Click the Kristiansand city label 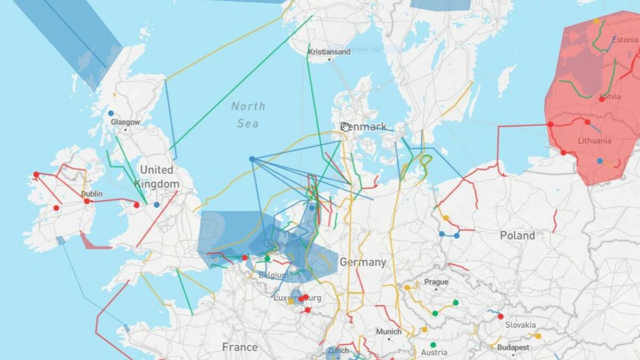329,52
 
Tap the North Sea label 248,115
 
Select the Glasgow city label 125,122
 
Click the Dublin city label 92,194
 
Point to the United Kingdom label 156,177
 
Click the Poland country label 517,235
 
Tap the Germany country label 363,262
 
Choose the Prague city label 436,282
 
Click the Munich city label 388,332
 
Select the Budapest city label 513,347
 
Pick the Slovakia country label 521,325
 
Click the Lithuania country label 595,141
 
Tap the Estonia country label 625,39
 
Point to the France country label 239,347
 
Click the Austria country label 434,353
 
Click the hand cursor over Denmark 345,126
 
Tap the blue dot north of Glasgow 111,113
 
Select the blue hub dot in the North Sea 252,159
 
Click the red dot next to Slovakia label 500,316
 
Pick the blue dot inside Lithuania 600,161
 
